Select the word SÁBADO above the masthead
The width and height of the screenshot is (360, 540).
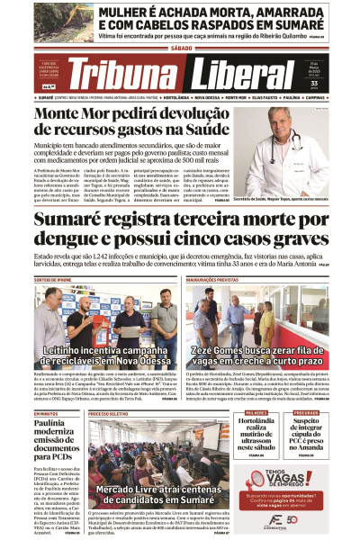click(180, 51)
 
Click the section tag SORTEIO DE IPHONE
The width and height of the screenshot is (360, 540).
click(53, 280)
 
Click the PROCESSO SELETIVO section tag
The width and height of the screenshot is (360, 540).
click(109, 388)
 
